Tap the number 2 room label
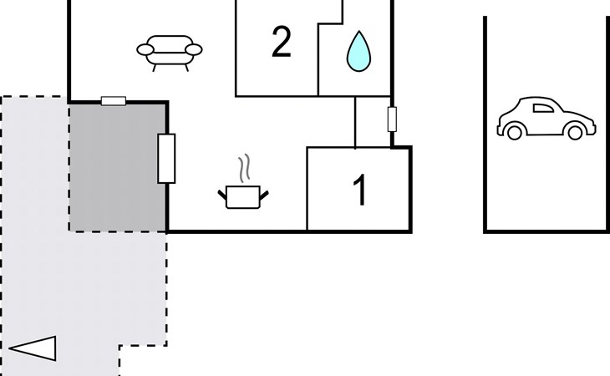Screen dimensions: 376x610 coord(282,43)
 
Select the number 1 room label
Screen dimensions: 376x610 coord(360,191)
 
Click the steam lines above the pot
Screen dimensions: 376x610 coord(244,169)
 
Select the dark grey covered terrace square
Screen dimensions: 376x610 coord(117,167)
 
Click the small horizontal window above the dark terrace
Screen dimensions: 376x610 coord(113,101)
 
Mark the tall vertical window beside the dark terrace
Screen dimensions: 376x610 coord(166,158)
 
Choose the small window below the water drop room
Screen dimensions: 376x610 coord(391,119)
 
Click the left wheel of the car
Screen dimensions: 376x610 coord(514,131)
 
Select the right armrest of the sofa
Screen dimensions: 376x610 coord(195,51)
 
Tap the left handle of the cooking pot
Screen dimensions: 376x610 coord(222,195)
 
